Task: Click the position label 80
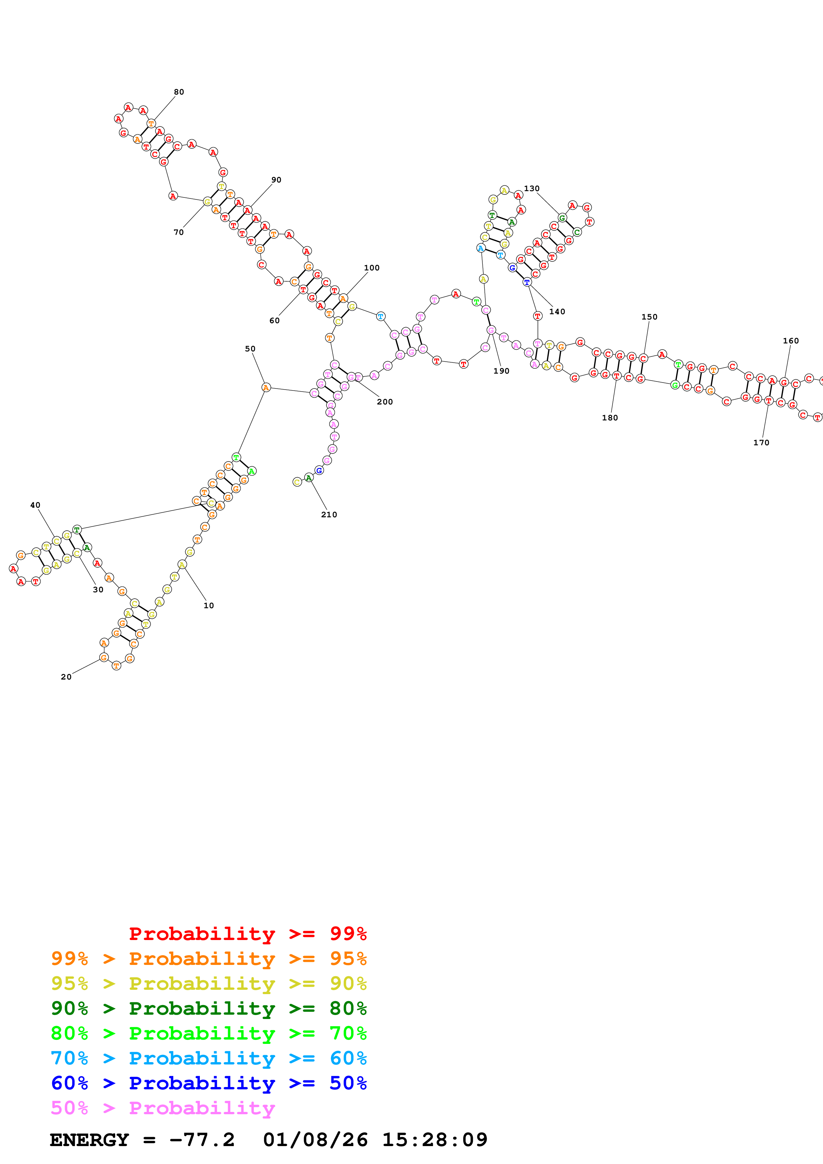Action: [x=179, y=92]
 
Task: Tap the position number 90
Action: [x=276, y=180]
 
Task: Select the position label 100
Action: [x=372, y=268]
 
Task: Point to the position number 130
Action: [x=532, y=188]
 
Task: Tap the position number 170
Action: [x=762, y=443]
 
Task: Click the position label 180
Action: [x=610, y=418]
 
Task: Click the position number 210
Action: [x=329, y=515]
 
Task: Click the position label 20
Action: [x=66, y=677]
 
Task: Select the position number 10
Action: [x=209, y=605]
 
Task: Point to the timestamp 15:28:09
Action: [x=435, y=1140]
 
